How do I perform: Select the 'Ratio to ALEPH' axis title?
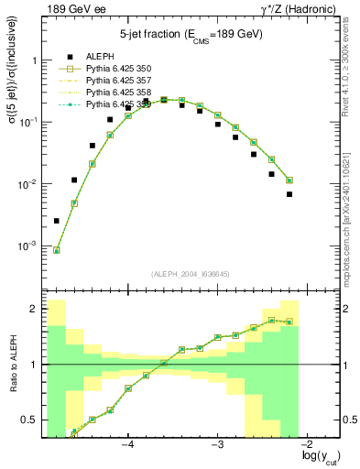tap(13, 365)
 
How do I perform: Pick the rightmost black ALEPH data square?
tap(289, 194)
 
